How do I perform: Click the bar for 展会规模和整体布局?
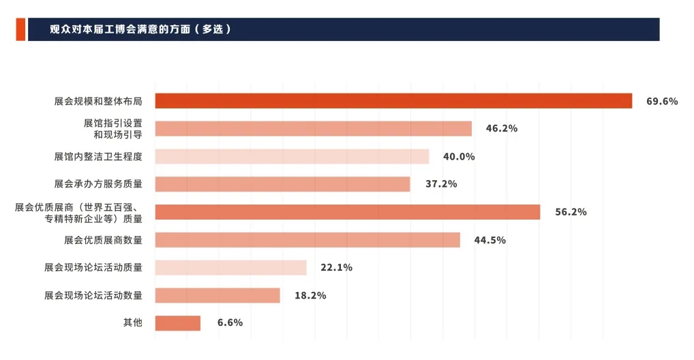tap(393, 101)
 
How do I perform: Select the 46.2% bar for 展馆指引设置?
tap(313, 129)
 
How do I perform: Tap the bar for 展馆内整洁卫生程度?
tap(292, 157)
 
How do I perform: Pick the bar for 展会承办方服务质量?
tap(282, 184)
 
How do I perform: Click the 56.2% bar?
tap(347, 212)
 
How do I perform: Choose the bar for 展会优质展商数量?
tap(307, 240)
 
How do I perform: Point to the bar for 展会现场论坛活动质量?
tap(230, 267)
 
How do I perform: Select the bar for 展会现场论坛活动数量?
tap(217, 295)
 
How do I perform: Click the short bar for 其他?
tap(177, 323)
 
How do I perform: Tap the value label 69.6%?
tap(662, 102)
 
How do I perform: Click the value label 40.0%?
tap(459, 157)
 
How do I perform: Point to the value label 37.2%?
tap(440, 184)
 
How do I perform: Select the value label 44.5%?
tap(490, 240)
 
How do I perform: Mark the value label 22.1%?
tap(336, 268)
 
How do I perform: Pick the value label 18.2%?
tap(310, 296)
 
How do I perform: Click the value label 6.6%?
tap(230, 323)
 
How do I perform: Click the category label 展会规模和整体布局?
tap(98, 102)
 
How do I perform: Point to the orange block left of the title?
tap(20, 29)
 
